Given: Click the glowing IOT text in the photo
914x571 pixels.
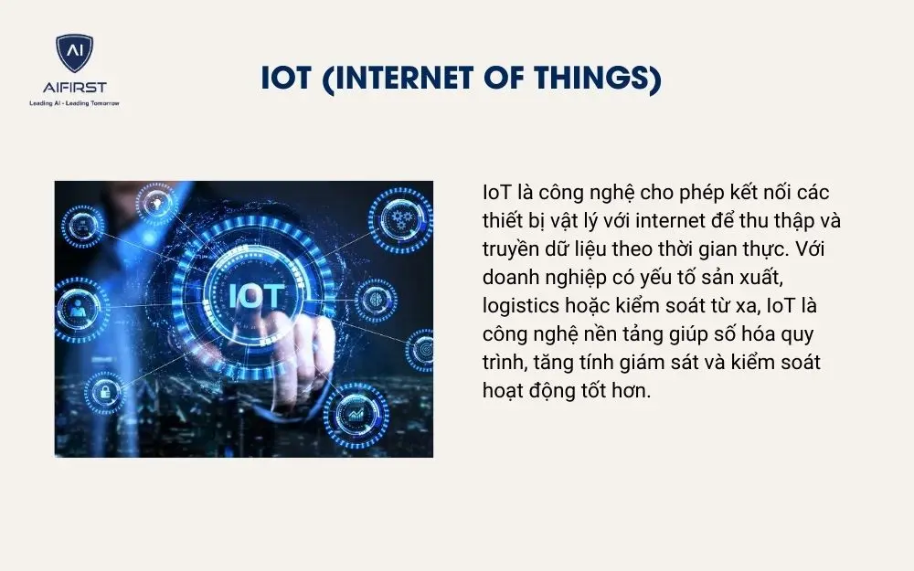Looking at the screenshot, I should pyautogui.click(x=257, y=295).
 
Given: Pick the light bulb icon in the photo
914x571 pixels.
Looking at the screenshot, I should pyautogui.click(x=159, y=202).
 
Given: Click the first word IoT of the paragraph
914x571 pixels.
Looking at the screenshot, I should pyautogui.click(x=497, y=193).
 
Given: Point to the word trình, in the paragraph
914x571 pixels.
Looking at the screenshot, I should pyautogui.click(x=505, y=363).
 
